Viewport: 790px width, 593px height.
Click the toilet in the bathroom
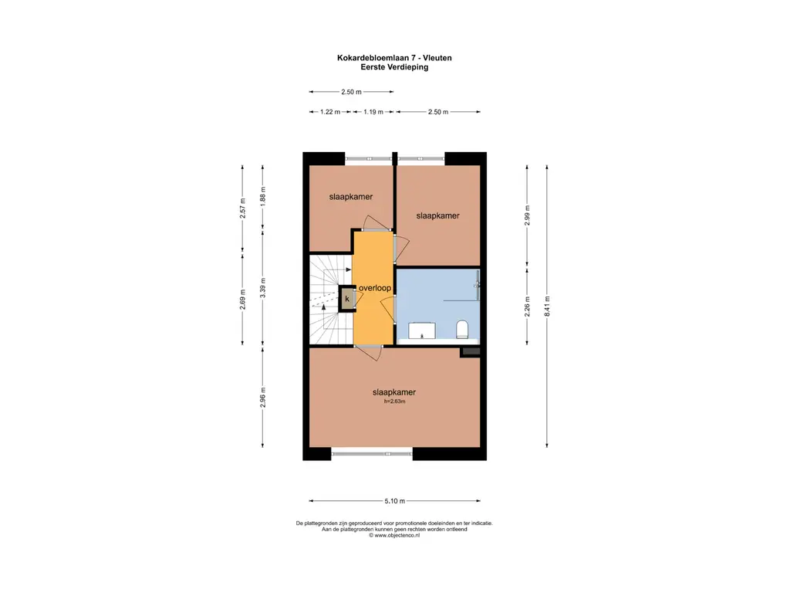click(462, 329)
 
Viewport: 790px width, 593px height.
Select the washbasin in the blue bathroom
click(422, 330)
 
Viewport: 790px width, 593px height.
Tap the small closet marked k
click(346, 299)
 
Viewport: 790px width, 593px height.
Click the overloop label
click(375, 288)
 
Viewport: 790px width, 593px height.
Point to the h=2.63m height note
click(394, 402)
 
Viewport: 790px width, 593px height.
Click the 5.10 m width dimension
click(394, 500)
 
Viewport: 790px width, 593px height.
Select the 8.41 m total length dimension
click(547, 306)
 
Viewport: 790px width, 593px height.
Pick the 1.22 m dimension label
click(330, 112)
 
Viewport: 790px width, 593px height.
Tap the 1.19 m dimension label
click(373, 112)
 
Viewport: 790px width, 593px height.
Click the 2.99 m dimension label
click(528, 215)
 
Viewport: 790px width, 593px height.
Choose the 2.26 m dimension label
click(528, 307)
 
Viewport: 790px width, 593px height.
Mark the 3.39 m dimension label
click(262, 288)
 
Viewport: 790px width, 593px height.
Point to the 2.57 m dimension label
click(242, 208)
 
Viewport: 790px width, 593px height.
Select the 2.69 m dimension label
click(242, 299)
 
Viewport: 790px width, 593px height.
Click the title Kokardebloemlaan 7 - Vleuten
click(394, 58)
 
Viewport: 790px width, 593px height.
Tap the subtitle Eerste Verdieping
click(394, 67)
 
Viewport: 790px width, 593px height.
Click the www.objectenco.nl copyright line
click(394, 536)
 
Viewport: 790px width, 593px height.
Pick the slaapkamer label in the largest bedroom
click(394, 391)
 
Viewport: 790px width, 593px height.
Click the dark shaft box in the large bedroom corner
click(470, 352)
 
